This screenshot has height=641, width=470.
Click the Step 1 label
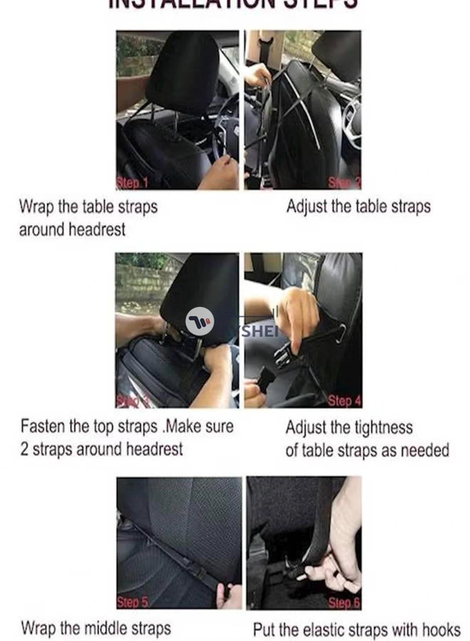[x=132, y=183]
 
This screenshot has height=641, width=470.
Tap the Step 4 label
[x=344, y=401]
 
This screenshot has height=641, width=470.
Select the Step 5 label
[x=132, y=602]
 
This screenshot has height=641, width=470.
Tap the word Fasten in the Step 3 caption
[x=43, y=426]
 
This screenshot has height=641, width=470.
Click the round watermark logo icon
[x=200, y=321]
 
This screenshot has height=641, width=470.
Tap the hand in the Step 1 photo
[x=219, y=172]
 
